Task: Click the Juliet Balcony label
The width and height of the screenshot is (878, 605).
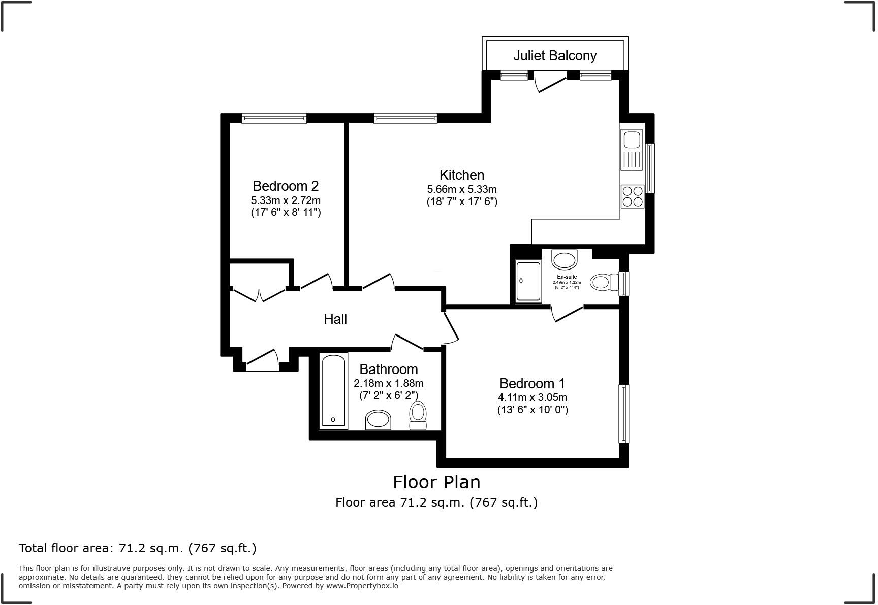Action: (555, 55)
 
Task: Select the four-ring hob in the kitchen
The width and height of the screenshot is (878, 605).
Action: (632, 196)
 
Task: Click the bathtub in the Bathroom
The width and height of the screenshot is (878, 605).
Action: (334, 391)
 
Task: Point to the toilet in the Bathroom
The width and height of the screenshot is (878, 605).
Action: (418, 416)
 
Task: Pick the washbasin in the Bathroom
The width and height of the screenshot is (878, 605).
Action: (378, 420)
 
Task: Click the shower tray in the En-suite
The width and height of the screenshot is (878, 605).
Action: (528, 281)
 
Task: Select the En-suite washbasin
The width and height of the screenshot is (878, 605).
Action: (565, 260)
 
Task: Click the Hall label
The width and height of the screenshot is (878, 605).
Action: (335, 319)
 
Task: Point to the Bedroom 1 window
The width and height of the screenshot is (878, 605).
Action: (623, 414)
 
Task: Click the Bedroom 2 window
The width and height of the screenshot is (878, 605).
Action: (274, 118)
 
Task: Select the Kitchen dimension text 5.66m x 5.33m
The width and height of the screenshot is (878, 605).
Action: (462, 189)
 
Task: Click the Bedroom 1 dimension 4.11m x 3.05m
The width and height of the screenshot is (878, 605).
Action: (532, 397)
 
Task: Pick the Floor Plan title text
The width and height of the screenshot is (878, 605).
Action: (436, 482)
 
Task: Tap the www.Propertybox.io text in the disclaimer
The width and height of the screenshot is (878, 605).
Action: (362, 586)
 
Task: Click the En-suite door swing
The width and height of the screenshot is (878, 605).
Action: (567, 314)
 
